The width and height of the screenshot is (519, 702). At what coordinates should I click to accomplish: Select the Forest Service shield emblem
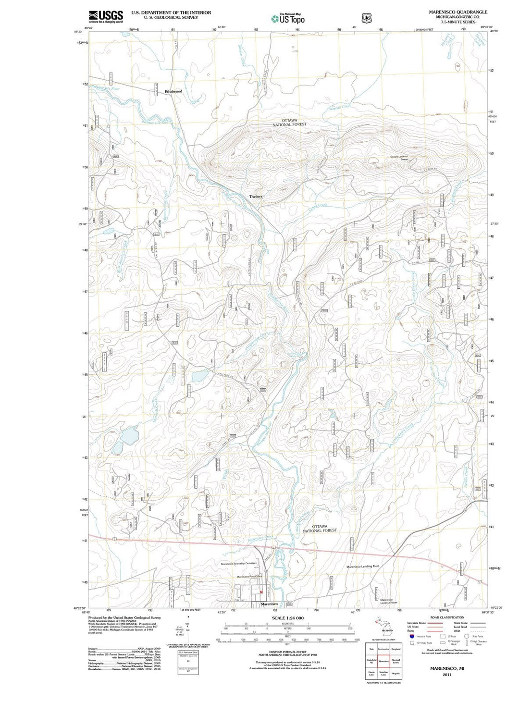point(367,18)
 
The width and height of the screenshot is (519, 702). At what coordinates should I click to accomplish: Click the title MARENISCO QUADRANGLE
point(451,12)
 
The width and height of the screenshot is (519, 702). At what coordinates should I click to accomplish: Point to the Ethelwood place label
point(173,91)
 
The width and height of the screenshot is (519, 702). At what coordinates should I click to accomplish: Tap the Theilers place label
point(256,197)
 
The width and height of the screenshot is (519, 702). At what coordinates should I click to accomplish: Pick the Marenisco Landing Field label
point(363,567)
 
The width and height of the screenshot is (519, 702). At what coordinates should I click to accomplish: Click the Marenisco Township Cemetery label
point(239,563)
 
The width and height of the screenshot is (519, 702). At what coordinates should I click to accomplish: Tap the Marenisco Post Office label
point(249,577)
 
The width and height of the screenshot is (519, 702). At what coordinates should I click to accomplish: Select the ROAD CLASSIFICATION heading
point(448,617)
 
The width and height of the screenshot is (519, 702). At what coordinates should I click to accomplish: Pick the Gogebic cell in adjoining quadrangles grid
point(396,673)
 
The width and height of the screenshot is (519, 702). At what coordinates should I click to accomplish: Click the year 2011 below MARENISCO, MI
point(447,674)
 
